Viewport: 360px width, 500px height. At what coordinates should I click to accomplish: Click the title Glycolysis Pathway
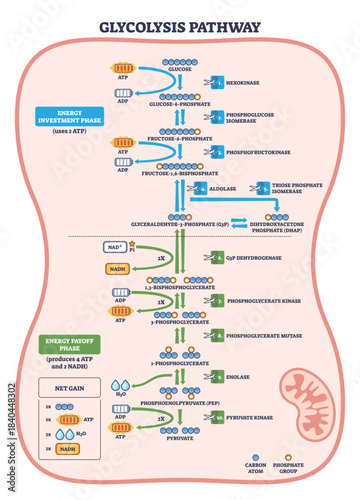(180, 27)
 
